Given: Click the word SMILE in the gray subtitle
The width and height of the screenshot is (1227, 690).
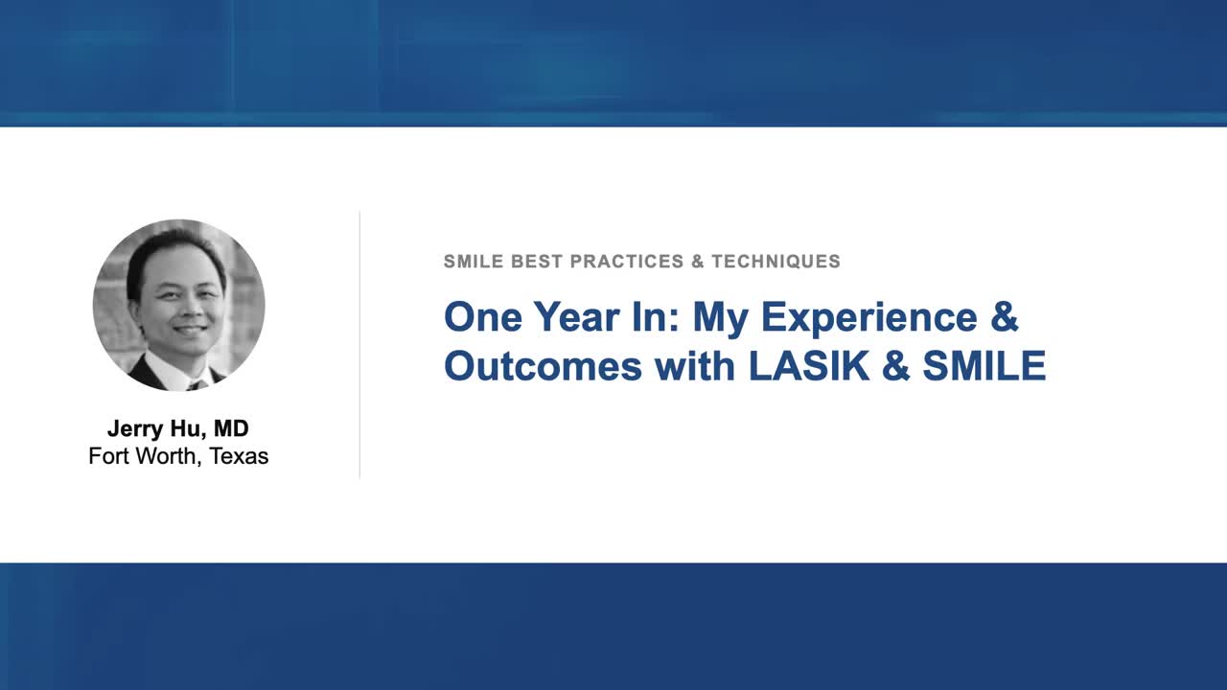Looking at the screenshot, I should [x=471, y=262].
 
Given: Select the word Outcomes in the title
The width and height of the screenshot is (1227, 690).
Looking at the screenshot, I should [x=543, y=366].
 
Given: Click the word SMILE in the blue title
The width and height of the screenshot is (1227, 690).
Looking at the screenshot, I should [x=984, y=366].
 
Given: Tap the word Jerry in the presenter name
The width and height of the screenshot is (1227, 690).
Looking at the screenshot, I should [x=133, y=428].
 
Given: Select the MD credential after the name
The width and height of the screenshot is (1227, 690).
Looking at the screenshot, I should [x=231, y=428].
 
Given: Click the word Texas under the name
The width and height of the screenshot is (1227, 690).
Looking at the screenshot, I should [x=238, y=456].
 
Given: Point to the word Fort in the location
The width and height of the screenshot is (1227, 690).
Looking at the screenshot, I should [x=108, y=456].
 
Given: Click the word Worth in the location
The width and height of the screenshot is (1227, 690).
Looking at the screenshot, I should [x=165, y=456].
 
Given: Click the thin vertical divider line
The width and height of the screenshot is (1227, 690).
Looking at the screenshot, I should [x=359, y=345].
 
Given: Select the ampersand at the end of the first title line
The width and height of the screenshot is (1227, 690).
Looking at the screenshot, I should [x=1004, y=317].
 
